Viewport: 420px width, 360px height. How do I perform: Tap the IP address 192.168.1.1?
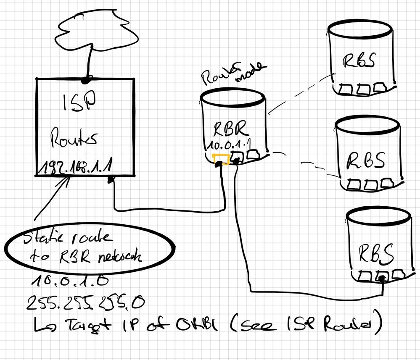(76, 168)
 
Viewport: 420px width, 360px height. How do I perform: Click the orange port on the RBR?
(221, 159)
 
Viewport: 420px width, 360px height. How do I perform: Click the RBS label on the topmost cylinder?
(359, 60)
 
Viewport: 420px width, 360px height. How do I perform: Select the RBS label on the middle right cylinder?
(366, 159)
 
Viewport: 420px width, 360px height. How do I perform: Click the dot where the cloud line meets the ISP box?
(87, 79)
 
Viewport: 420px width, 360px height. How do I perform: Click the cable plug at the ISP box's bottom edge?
(112, 181)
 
